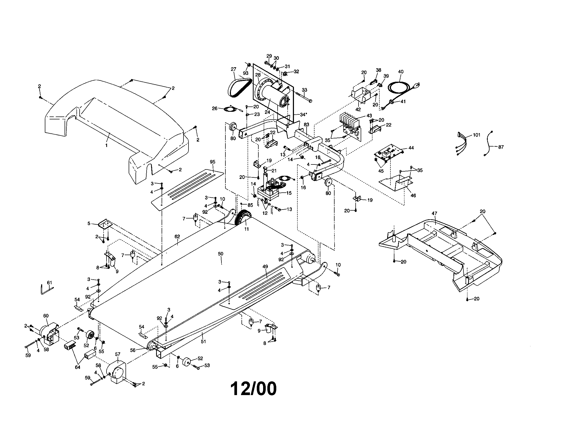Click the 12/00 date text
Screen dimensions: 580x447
click(x=253, y=389)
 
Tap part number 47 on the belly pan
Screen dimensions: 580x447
click(x=434, y=213)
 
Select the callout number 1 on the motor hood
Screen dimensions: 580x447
click(x=107, y=145)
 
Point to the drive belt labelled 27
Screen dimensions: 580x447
click(x=239, y=86)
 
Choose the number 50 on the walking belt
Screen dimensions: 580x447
click(x=221, y=254)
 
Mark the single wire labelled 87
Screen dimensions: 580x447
click(x=489, y=145)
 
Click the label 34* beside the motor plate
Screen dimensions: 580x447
click(x=303, y=115)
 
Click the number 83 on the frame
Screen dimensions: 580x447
click(x=306, y=124)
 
